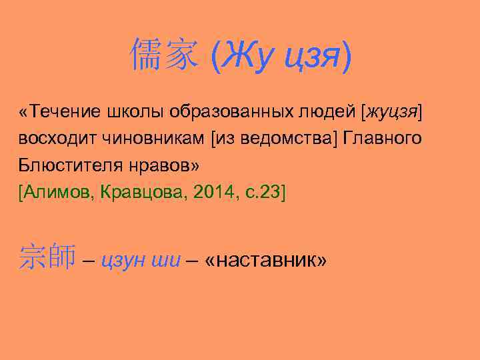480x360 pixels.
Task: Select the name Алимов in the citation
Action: [x=58, y=193]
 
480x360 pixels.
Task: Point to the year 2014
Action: [x=209, y=193]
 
